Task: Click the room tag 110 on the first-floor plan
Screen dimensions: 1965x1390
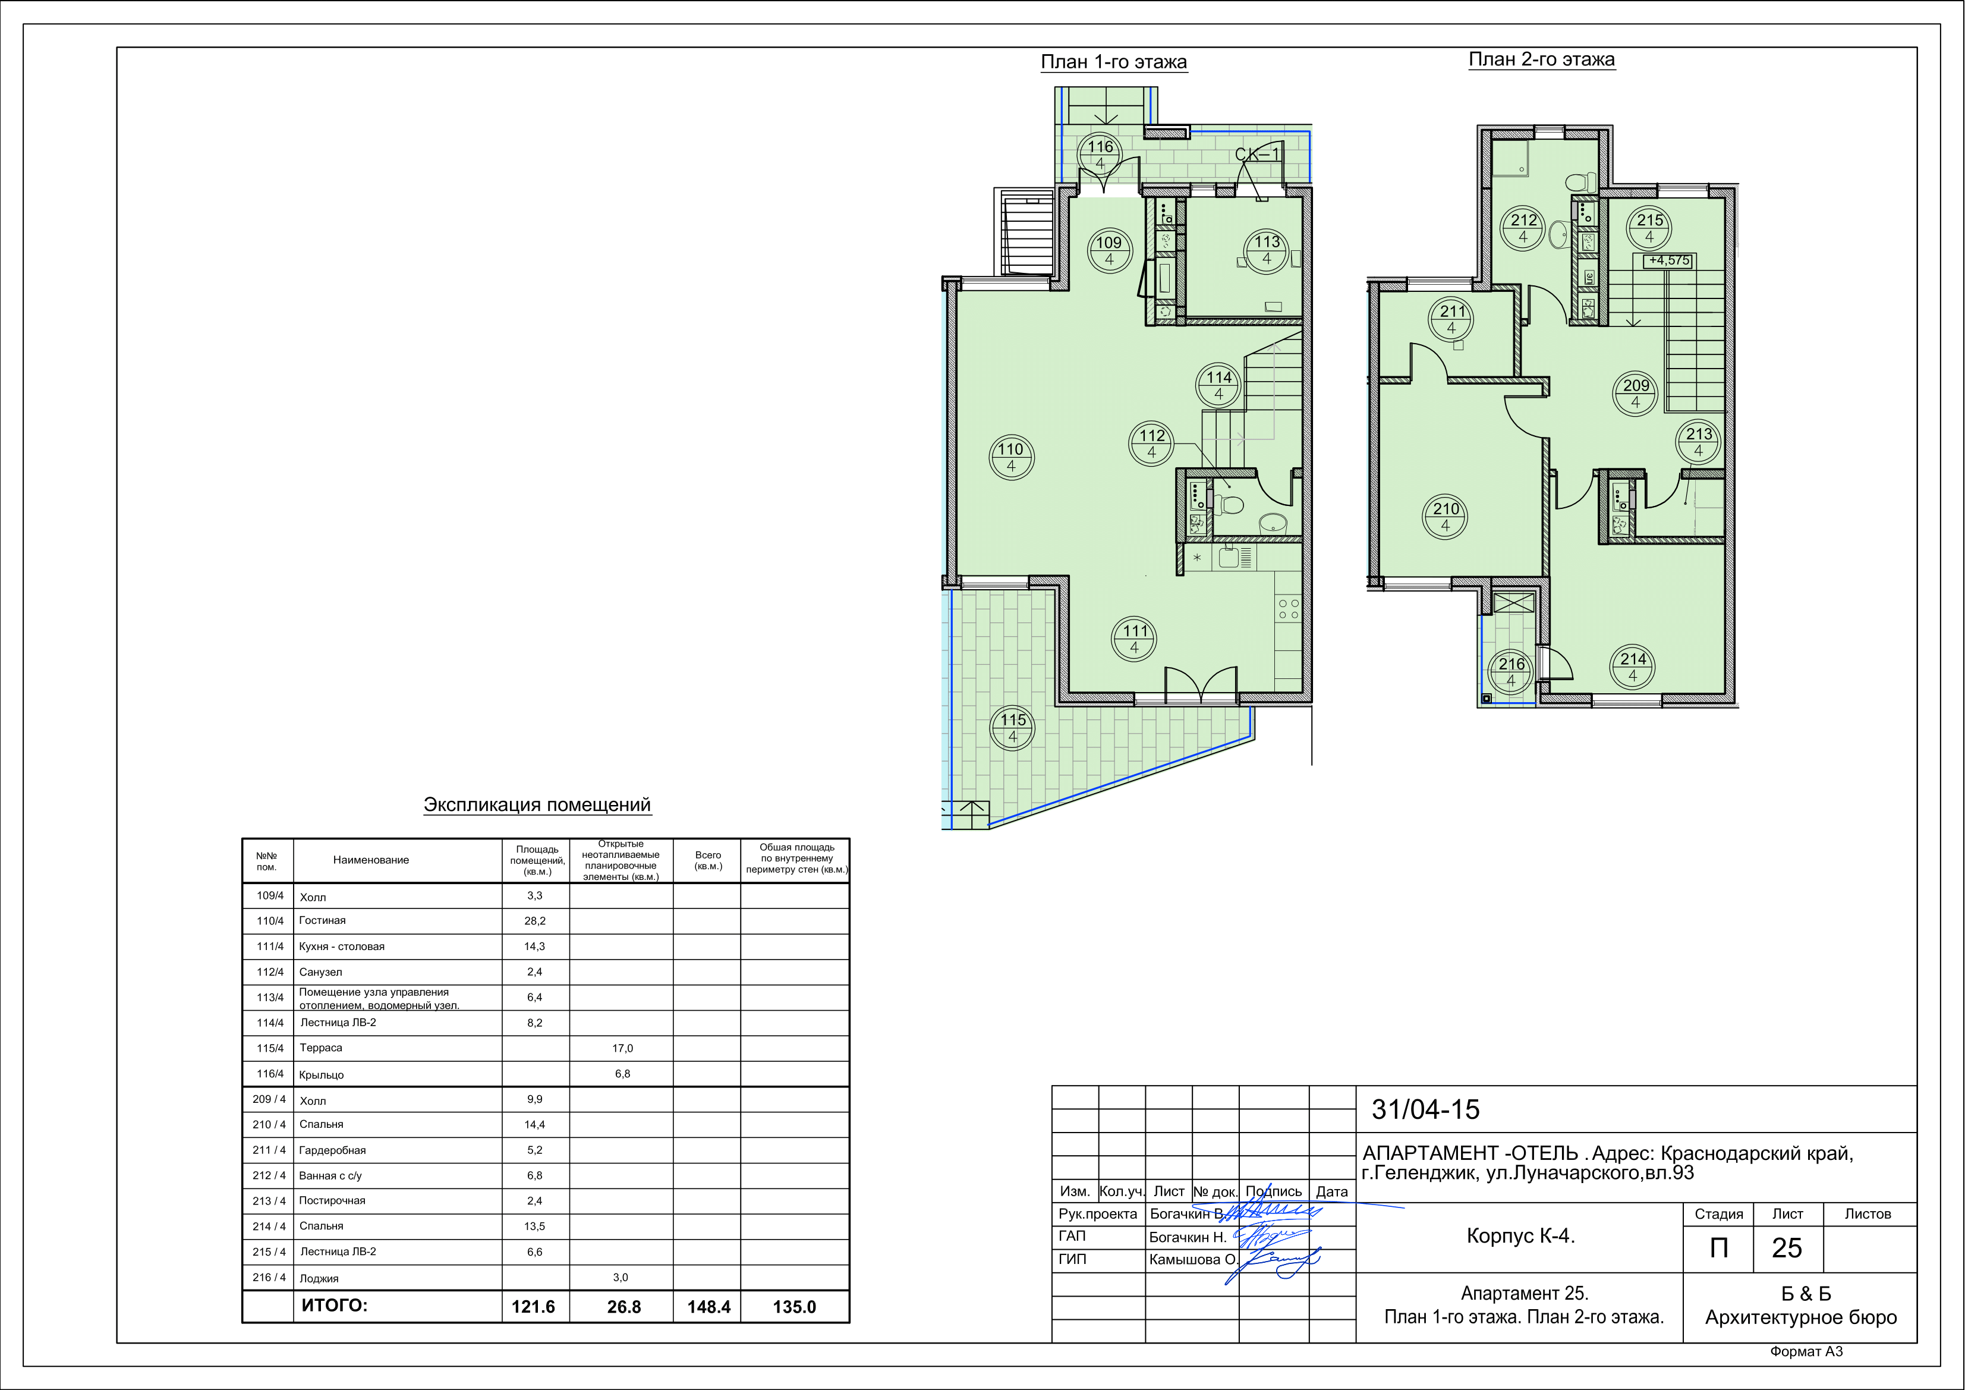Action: (x=1012, y=457)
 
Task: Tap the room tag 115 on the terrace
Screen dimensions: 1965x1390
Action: (x=1012, y=728)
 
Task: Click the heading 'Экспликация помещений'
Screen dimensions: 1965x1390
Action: (x=537, y=804)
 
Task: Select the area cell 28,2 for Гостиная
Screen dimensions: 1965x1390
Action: (x=535, y=921)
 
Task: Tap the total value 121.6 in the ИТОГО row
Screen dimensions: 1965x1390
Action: (x=533, y=1307)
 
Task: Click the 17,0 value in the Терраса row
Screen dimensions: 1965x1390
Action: (x=622, y=1049)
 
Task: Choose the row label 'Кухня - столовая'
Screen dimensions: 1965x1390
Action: (x=342, y=946)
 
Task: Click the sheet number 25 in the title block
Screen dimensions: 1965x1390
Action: (x=1787, y=1248)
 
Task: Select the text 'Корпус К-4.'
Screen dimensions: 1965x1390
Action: (x=1521, y=1236)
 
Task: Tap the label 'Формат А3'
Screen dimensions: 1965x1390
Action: (x=1807, y=1351)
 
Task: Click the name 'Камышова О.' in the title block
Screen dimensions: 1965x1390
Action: (x=1192, y=1260)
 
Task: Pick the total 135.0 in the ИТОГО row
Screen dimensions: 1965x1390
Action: (x=794, y=1307)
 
